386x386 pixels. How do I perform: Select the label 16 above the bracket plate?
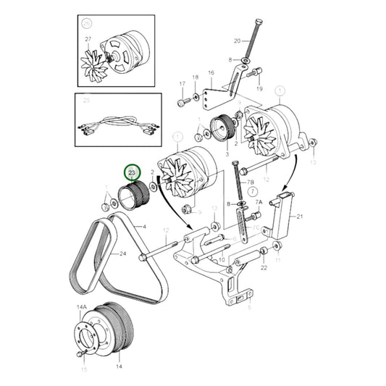(211, 73)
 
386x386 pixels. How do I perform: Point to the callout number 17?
(182, 84)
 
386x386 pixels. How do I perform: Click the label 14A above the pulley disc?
(81, 308)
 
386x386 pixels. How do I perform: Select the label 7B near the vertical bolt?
(251, 185)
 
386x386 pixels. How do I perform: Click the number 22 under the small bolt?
(264, 268)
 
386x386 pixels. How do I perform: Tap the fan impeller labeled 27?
(95, 59)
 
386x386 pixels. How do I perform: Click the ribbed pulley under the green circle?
(132, 197)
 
